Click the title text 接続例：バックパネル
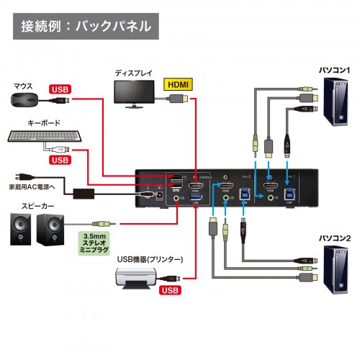86,27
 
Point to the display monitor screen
137,92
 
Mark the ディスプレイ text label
135,73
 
